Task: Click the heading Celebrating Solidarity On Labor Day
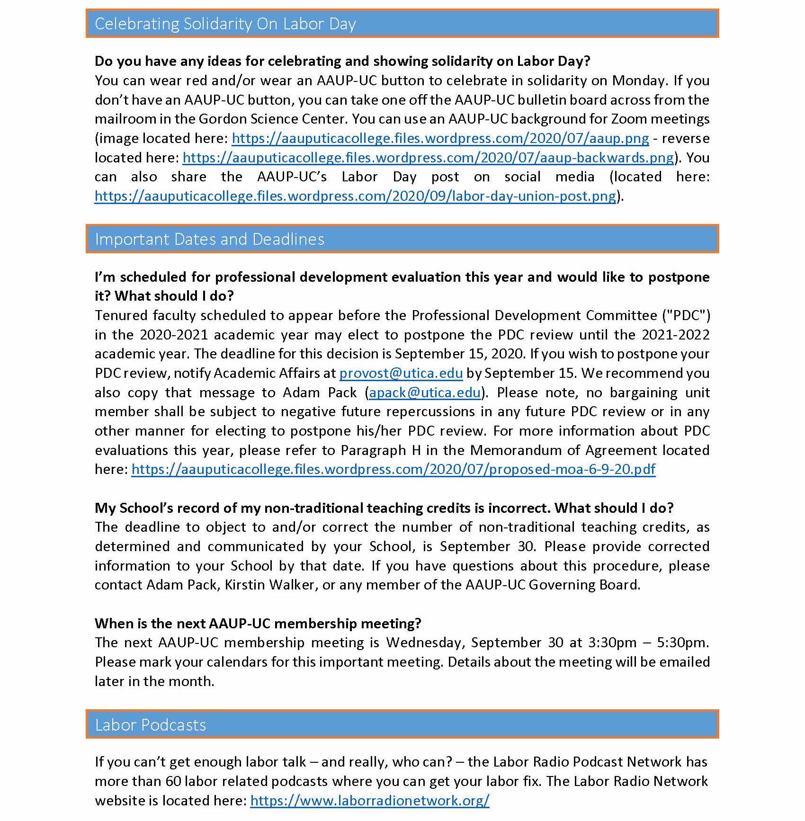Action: tap(225, 24)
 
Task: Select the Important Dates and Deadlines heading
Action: tap(209, 239)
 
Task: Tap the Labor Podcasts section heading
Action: tap(150, 725)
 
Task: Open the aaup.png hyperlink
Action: tap(440, 138)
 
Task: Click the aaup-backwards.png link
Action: tap(428, 158)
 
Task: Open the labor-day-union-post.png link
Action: tap(355, 196)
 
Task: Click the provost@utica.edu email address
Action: tap(401, 373)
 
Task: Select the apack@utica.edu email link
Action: tap(425, 393)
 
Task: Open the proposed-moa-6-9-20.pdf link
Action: tap(393, 469)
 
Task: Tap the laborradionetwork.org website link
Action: tap(369, 800)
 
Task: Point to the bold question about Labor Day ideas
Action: tap(342, 61)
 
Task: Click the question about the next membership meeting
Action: tap(258, 623)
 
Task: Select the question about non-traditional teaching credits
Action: tap(384, 508)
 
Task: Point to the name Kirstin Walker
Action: tap(269, 585)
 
